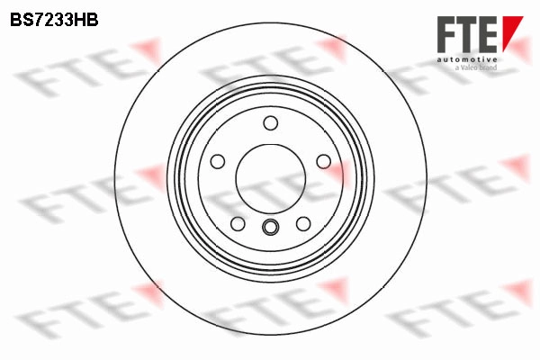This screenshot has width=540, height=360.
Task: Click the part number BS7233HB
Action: (53, 17)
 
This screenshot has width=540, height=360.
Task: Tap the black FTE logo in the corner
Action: (468, 33)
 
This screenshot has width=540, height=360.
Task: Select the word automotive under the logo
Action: (468, 57)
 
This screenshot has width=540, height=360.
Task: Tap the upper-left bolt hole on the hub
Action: (217, 161)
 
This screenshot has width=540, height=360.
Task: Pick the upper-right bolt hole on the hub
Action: (323, 161)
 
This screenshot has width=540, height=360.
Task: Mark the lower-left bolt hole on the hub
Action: (238, 223)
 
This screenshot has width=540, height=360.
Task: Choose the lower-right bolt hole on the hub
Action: (303, 223)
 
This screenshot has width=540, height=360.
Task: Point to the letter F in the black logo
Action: (447, 33)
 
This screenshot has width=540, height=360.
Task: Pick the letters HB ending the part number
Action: (84, 17)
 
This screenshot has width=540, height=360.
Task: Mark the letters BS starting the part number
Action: (22, 17)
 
